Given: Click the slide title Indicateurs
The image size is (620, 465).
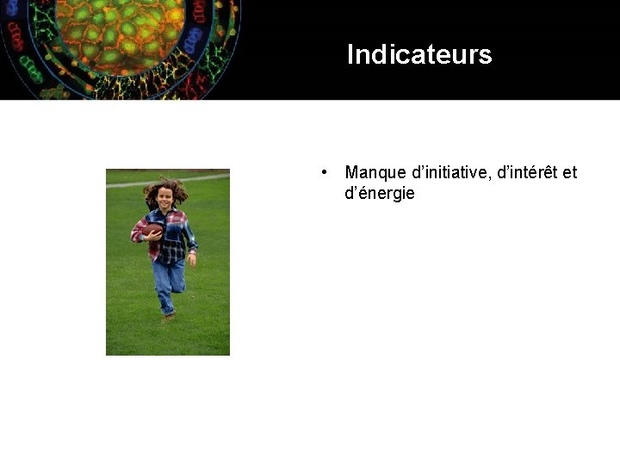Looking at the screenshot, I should (x=418, y=55).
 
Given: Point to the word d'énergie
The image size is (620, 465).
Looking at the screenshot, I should (x=380, y=194).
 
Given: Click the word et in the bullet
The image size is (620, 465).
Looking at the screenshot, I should (x=569, y=173).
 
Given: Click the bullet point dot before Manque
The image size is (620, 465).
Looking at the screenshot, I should (x=322, y=172).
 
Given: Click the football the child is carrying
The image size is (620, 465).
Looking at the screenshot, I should (x=152, y=231).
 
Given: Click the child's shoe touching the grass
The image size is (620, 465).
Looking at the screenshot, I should (x=169, y=317).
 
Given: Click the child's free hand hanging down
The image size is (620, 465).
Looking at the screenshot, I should (x=192, y=257).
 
